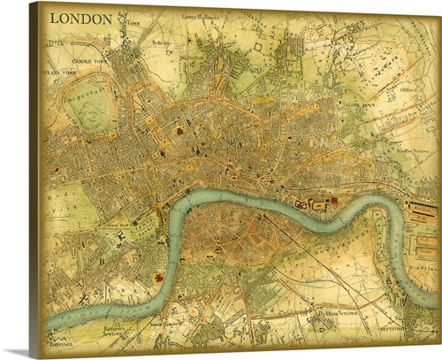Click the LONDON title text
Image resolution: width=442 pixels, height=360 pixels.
click(x=80, y=18)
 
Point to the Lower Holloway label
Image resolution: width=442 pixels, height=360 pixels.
click(x=199, y=16)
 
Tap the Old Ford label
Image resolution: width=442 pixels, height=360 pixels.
click(x=408, y=88)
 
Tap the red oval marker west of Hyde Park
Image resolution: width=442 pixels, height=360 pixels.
click(x=57, y=168)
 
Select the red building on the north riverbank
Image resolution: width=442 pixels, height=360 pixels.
click(x=334, y=203)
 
